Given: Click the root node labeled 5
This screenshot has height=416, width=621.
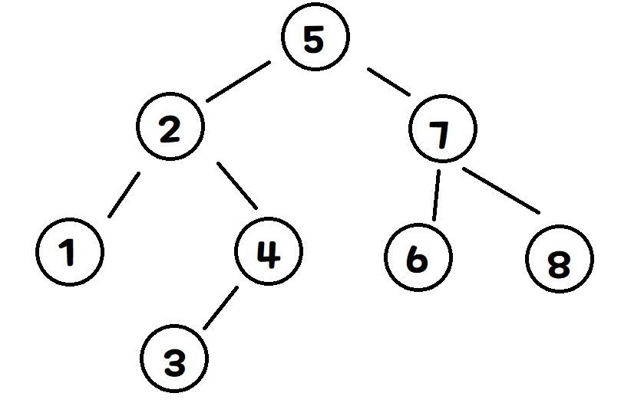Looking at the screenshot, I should click(315, 38).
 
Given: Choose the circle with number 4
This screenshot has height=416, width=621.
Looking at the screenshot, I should click(268, 251).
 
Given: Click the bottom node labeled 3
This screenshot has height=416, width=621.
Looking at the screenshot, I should click(175, 359).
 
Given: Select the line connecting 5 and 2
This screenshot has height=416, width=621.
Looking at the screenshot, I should click(239, 82).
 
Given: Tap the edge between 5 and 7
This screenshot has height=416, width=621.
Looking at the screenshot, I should click(390, 81).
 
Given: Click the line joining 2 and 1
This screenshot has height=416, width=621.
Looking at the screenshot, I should click(124, 195).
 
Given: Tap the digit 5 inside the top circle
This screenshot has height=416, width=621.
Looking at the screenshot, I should click(314, 38).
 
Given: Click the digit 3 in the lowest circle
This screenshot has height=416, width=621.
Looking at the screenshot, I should click(176, 360).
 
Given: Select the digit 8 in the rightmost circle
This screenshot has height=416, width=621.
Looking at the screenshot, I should click(560, 263).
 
